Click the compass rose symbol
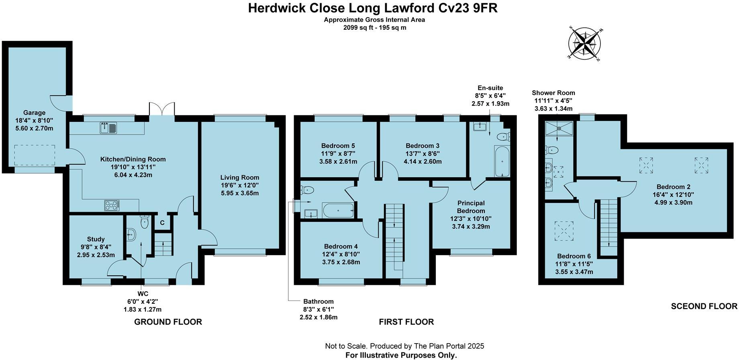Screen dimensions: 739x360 (584, 44)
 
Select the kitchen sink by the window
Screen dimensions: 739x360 (108, 128)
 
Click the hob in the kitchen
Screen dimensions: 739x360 (112, 206)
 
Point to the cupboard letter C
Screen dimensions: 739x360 (162, 223)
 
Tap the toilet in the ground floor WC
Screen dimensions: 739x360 (145, 222)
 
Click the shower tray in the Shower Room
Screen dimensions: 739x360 (559, 129)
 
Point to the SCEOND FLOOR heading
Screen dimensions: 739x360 (704, 307)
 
